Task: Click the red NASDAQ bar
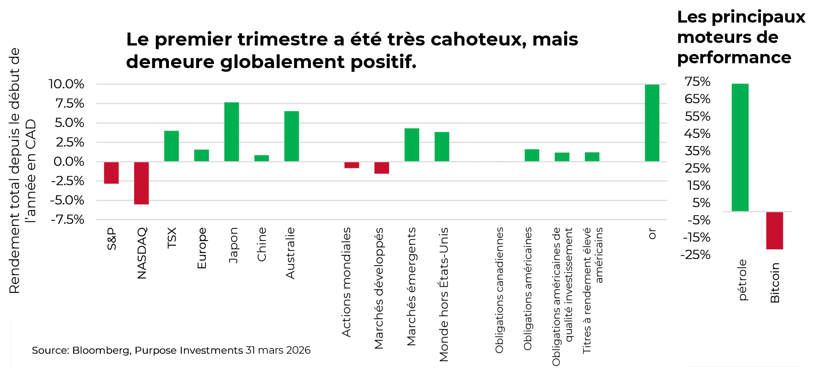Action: click(141, 183)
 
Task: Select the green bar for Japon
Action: click(231, 132)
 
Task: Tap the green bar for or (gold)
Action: click(652, 123)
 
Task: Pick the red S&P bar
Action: click(111, 173)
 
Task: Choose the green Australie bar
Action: click(291, 136)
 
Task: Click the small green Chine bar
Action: click(261, 158)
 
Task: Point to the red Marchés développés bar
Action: click(381, 168)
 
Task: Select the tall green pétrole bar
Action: click(740, 147)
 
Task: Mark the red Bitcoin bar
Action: click(774, 230)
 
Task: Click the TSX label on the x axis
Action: click(172, 238)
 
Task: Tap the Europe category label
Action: click(201, 248)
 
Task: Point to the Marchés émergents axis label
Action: click(411, 287)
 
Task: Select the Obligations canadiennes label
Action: click(499, 290)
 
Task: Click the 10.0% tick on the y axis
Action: click(67, 84)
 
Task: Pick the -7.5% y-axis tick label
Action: click(68, 220)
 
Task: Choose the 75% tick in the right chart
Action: click(698, 81)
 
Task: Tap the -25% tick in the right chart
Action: click(695, 255)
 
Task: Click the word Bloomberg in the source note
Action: click(101, 350)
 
